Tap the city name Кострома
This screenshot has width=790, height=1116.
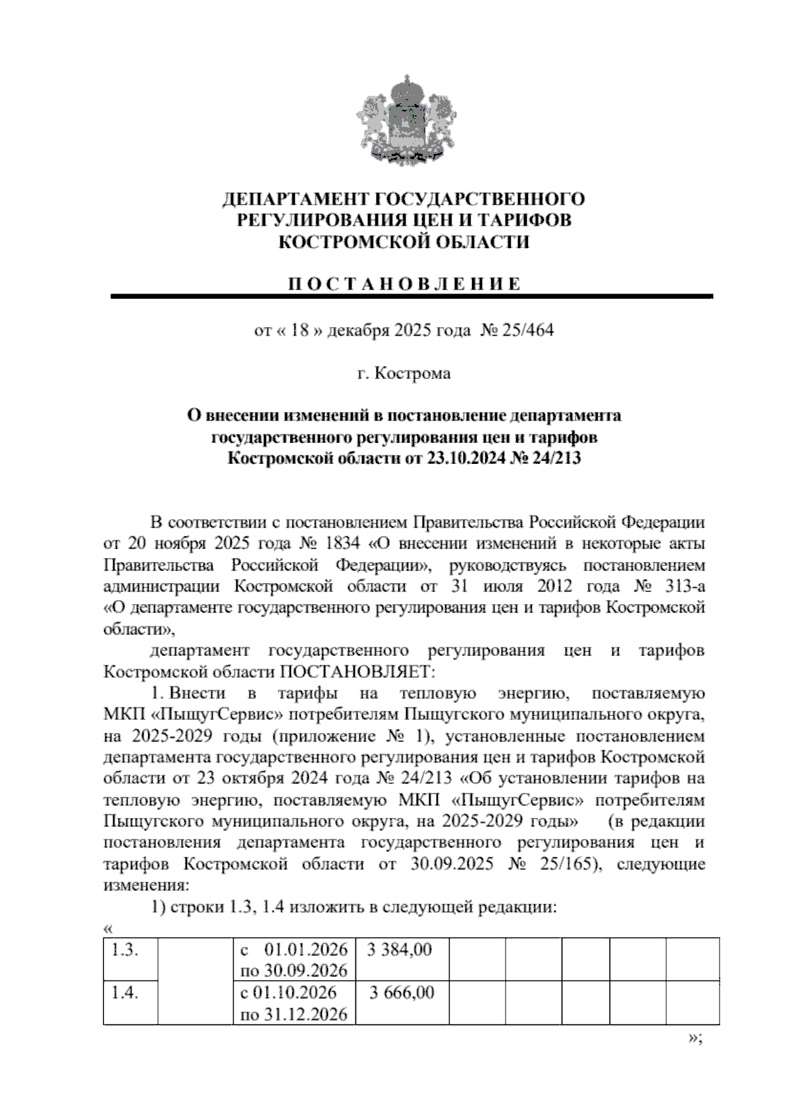[x=413, y=374]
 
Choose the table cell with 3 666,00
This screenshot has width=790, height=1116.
[x=402, y=993]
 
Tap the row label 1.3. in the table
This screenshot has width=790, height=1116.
[x=124, y=950]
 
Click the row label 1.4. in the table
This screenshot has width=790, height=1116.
[x=124, y=993]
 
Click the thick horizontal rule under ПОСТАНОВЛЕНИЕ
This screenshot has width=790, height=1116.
[x=411, y=297]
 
